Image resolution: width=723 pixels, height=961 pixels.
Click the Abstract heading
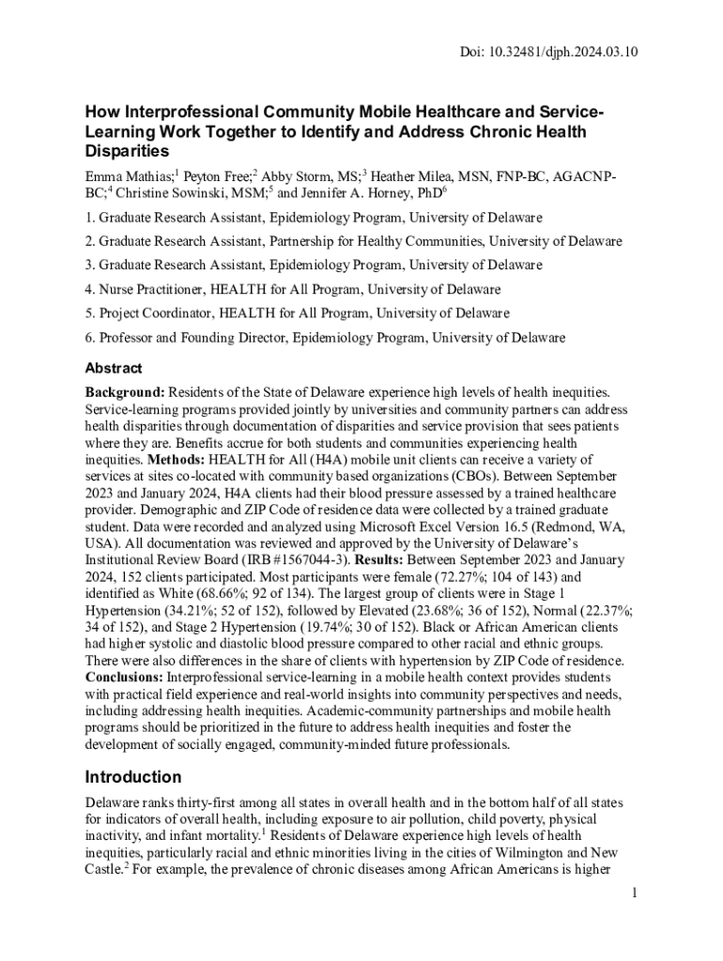114,369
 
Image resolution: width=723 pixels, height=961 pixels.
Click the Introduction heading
133,777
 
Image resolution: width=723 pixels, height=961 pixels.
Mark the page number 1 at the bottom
635,892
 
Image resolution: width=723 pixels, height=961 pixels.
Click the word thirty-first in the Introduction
207,804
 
